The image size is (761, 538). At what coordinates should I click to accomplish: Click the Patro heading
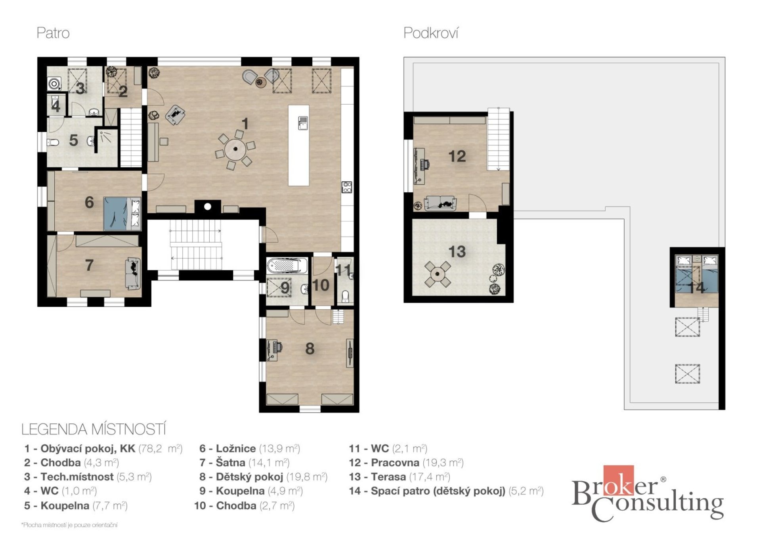(53, 33)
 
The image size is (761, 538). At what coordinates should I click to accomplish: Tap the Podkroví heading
(431, 33)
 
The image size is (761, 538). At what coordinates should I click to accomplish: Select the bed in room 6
(122, 213)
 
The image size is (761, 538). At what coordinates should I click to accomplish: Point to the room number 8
(310, 348)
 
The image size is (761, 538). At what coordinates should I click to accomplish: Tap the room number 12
(457, 156)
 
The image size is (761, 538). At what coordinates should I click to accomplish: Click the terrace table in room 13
(438, 273)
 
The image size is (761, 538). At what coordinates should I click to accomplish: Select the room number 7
(90, 265)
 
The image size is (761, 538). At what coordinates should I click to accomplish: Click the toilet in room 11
(345, 297)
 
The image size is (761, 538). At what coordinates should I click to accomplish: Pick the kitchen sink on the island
(303, 123)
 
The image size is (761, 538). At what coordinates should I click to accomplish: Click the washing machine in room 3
(54, 84)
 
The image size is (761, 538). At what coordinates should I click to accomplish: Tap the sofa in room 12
(440, 203)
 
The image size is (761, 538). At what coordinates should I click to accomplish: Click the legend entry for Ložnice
(250, 448)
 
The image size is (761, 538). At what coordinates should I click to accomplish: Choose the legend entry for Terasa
(400, 477)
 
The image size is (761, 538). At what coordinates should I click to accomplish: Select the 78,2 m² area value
(161, 448)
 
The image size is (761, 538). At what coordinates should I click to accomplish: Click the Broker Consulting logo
(648, 494)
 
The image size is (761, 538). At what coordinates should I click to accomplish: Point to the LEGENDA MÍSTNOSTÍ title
(94, 429)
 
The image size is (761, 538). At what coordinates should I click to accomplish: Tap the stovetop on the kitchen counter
(347, 187)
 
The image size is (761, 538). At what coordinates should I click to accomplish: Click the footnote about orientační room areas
(69, 525)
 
